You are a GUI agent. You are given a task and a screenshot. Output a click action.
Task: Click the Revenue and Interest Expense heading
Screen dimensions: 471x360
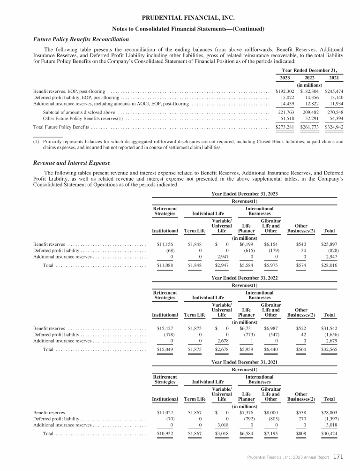click(x=71, y=163)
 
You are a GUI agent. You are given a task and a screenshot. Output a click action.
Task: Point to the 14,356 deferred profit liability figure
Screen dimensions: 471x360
click(x=309, y=98)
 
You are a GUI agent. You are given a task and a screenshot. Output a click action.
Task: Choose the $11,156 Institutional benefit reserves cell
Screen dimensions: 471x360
click(x=166, y=244)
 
